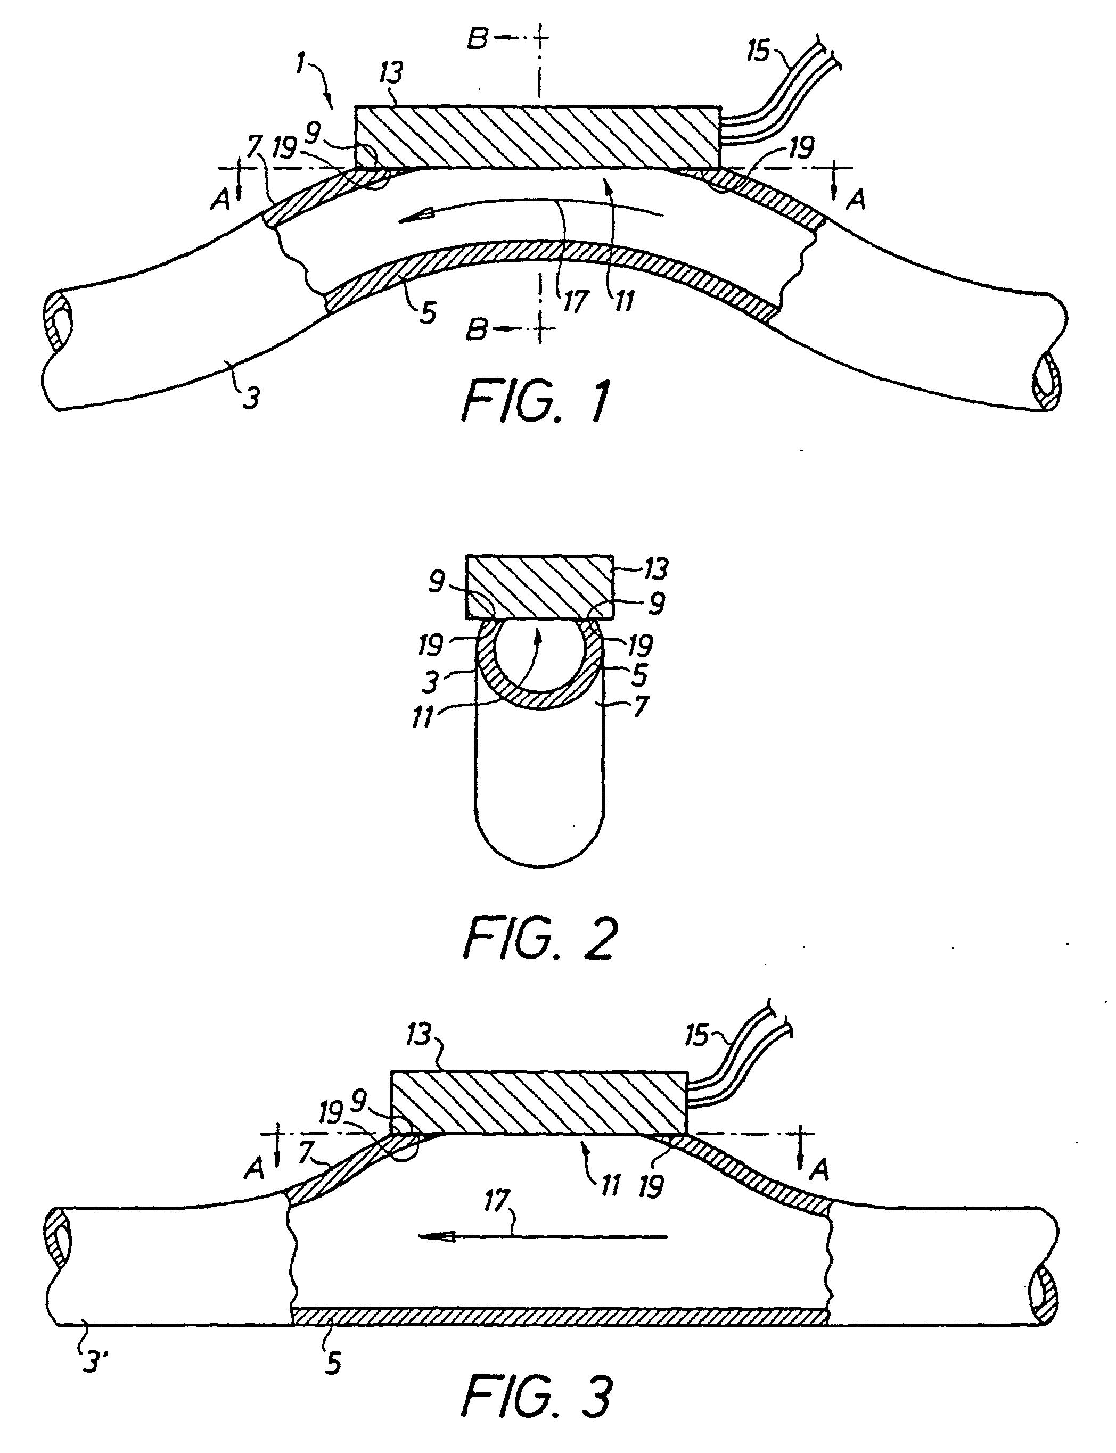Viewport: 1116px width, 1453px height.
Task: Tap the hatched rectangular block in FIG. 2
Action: (x=539, y=585)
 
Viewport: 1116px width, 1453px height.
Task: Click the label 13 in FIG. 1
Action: (x=391, y=73)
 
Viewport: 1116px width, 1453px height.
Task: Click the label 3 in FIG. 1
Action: (x=252, y=399)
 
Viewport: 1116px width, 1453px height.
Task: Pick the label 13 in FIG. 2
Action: (x=655, y=568)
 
